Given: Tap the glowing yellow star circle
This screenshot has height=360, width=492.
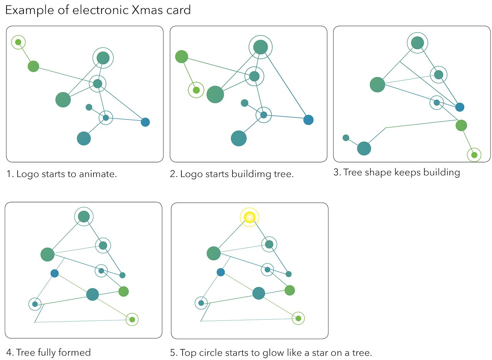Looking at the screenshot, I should click(249, 217).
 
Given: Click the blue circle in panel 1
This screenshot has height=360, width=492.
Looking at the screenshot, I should click(145, 122).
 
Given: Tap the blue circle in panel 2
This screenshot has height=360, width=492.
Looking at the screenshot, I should click(308, 120).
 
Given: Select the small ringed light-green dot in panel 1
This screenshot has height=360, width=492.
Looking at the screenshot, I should click(18, 42).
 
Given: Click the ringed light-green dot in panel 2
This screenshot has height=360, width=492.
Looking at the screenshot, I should click(196, 90).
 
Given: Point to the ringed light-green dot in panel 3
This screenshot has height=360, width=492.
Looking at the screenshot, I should click(474, 155).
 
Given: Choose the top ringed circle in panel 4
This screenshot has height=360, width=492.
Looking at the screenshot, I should click(84, 217).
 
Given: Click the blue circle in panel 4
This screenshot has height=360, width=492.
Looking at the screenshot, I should click(55, 273).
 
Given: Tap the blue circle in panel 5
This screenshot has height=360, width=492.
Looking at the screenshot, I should click(221, 272).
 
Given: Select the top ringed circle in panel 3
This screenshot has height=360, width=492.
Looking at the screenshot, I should click(417, 42).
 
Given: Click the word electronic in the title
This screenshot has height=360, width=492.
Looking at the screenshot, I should click(91, 10).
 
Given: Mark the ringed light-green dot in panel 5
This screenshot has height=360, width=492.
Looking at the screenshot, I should click(298, 318).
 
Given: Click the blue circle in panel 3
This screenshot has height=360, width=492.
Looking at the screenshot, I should click(460, 107).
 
